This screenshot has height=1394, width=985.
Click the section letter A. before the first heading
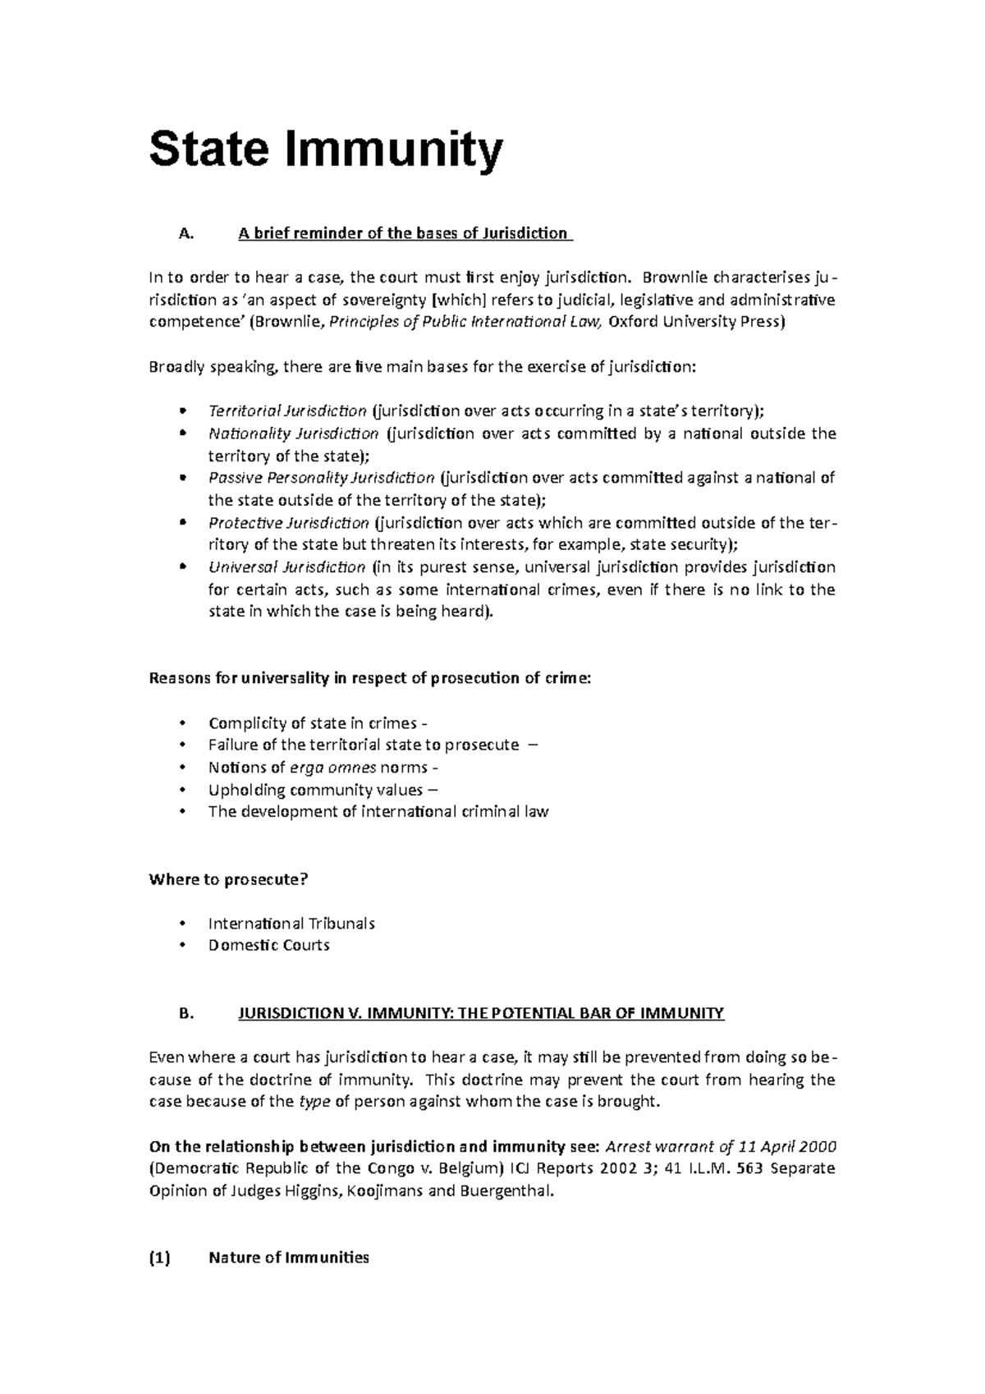click(x=186, y=234)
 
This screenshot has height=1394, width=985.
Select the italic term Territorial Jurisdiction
click(x=287, y=410)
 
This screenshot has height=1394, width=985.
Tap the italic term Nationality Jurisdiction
click(x=293, y=433)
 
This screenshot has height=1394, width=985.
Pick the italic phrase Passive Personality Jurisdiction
click(x=321, y=478)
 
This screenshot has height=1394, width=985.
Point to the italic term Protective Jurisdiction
click(x=288, y=523)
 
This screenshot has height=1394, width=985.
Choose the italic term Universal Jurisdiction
click(x=286, y=567)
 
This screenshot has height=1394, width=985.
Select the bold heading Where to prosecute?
click(x=228, y=879)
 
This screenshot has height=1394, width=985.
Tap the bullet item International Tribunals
click(x=291, y=924)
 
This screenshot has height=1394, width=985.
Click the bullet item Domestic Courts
click(x=268, y=946)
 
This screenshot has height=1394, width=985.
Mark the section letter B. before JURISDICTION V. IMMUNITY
click(x=186, y=1014)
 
